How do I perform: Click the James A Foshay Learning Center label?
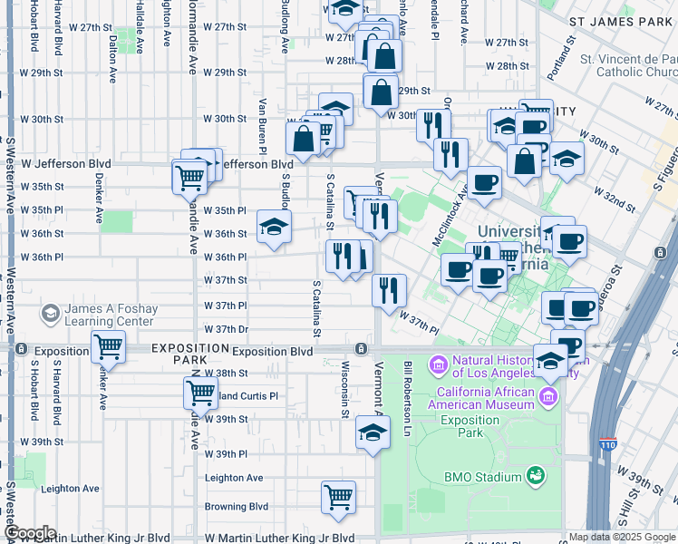(x=107, y=316)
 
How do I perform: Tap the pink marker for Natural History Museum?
(x=440, y=365)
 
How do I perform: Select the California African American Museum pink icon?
(x=548, y=396)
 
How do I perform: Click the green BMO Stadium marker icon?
(x=536, y=475)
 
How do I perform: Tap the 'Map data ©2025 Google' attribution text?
(x=623, y=537)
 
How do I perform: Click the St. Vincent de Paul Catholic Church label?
(x=629, y=66)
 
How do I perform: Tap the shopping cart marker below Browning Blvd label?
(x=338, y=498)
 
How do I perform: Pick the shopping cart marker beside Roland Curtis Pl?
(x=200, y=393)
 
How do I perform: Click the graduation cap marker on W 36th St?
(x=274, y=228)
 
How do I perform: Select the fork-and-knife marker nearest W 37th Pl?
(x=389, y=291)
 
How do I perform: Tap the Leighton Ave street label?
(x=234, y=478)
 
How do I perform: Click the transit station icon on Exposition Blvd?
(x=362, y=349)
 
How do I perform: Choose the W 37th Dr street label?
(x=226, y=329)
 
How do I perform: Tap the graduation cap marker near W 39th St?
(x=372, y=433)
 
